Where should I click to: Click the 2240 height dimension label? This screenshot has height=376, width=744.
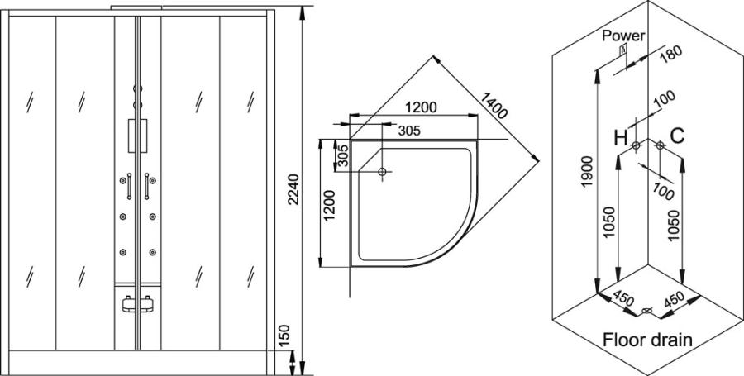[294, 189]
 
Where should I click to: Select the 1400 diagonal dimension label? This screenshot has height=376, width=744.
[494, 105]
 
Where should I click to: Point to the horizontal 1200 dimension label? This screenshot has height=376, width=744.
[422, 107]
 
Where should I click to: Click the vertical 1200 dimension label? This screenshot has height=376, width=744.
[328, 205]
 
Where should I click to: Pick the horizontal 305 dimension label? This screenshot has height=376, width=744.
[409, 131]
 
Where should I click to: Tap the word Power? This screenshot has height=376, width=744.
[624, 36]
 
